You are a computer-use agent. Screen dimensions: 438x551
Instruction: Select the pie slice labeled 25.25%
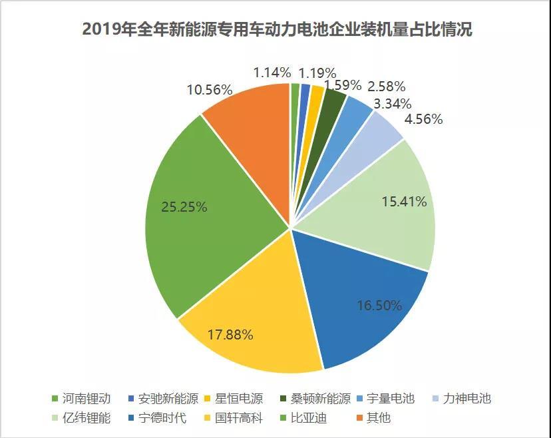(200, 220)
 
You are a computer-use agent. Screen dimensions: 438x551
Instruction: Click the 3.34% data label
(392, 103)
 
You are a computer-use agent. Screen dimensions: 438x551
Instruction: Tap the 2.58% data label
(386, 87)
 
